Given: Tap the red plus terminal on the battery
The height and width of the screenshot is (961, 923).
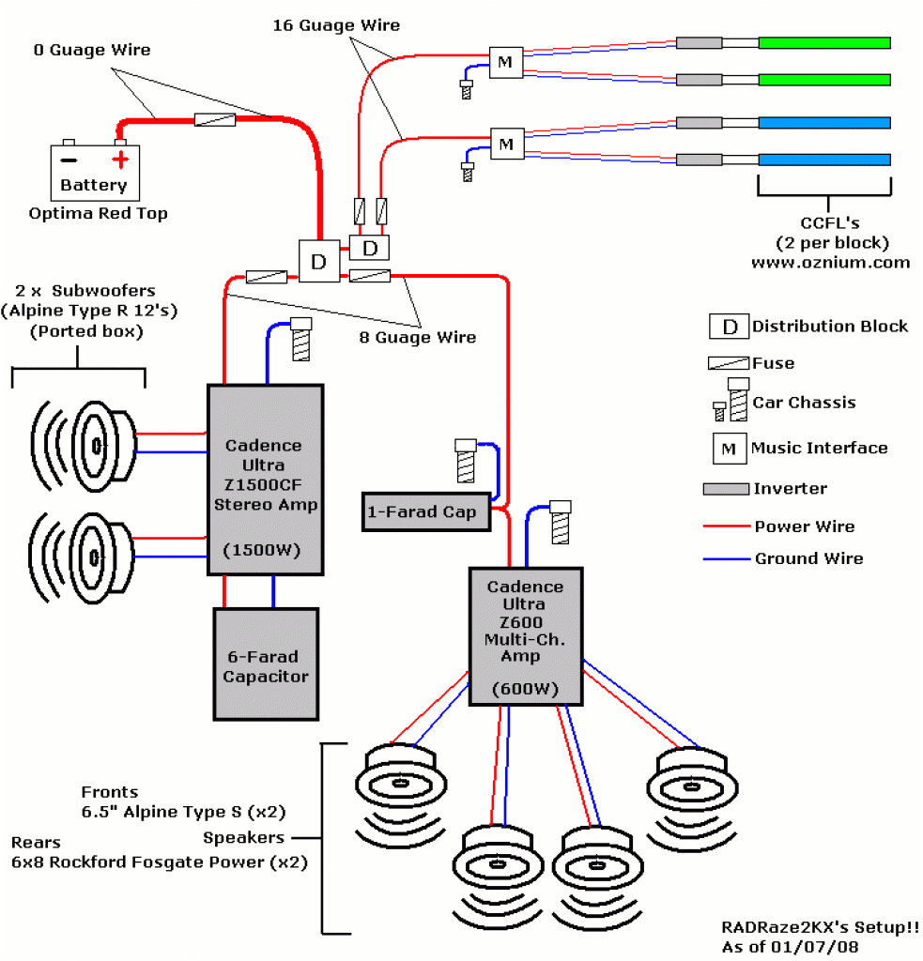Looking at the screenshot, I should [x=119, y=160].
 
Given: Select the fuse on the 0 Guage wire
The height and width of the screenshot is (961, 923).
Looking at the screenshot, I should [x=214, y=120].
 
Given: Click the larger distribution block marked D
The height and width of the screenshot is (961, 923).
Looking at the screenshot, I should [x=318, y=262].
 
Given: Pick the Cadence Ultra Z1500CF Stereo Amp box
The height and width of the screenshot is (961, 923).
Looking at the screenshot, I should [x=265, y=480].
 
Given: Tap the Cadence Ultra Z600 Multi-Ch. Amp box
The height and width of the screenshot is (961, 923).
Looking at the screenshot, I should [x=525, y=635].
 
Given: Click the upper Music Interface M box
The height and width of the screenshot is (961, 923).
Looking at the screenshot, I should [x=505, y=63].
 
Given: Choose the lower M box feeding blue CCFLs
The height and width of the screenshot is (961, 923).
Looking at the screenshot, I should [x=506, y=145].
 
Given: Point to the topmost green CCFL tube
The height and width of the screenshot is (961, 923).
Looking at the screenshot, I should [x=823, y=42].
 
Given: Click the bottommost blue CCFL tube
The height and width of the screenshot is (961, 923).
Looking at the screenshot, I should [x=823, y=160].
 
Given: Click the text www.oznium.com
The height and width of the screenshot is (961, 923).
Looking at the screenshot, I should [x=830, y=262].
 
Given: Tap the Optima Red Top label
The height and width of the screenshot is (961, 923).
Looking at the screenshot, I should [x=99, y=213].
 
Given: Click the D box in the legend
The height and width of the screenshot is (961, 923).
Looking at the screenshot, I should [x=728, y=327].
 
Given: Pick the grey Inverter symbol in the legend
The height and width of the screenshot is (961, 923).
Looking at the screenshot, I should [x=725, y=489].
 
